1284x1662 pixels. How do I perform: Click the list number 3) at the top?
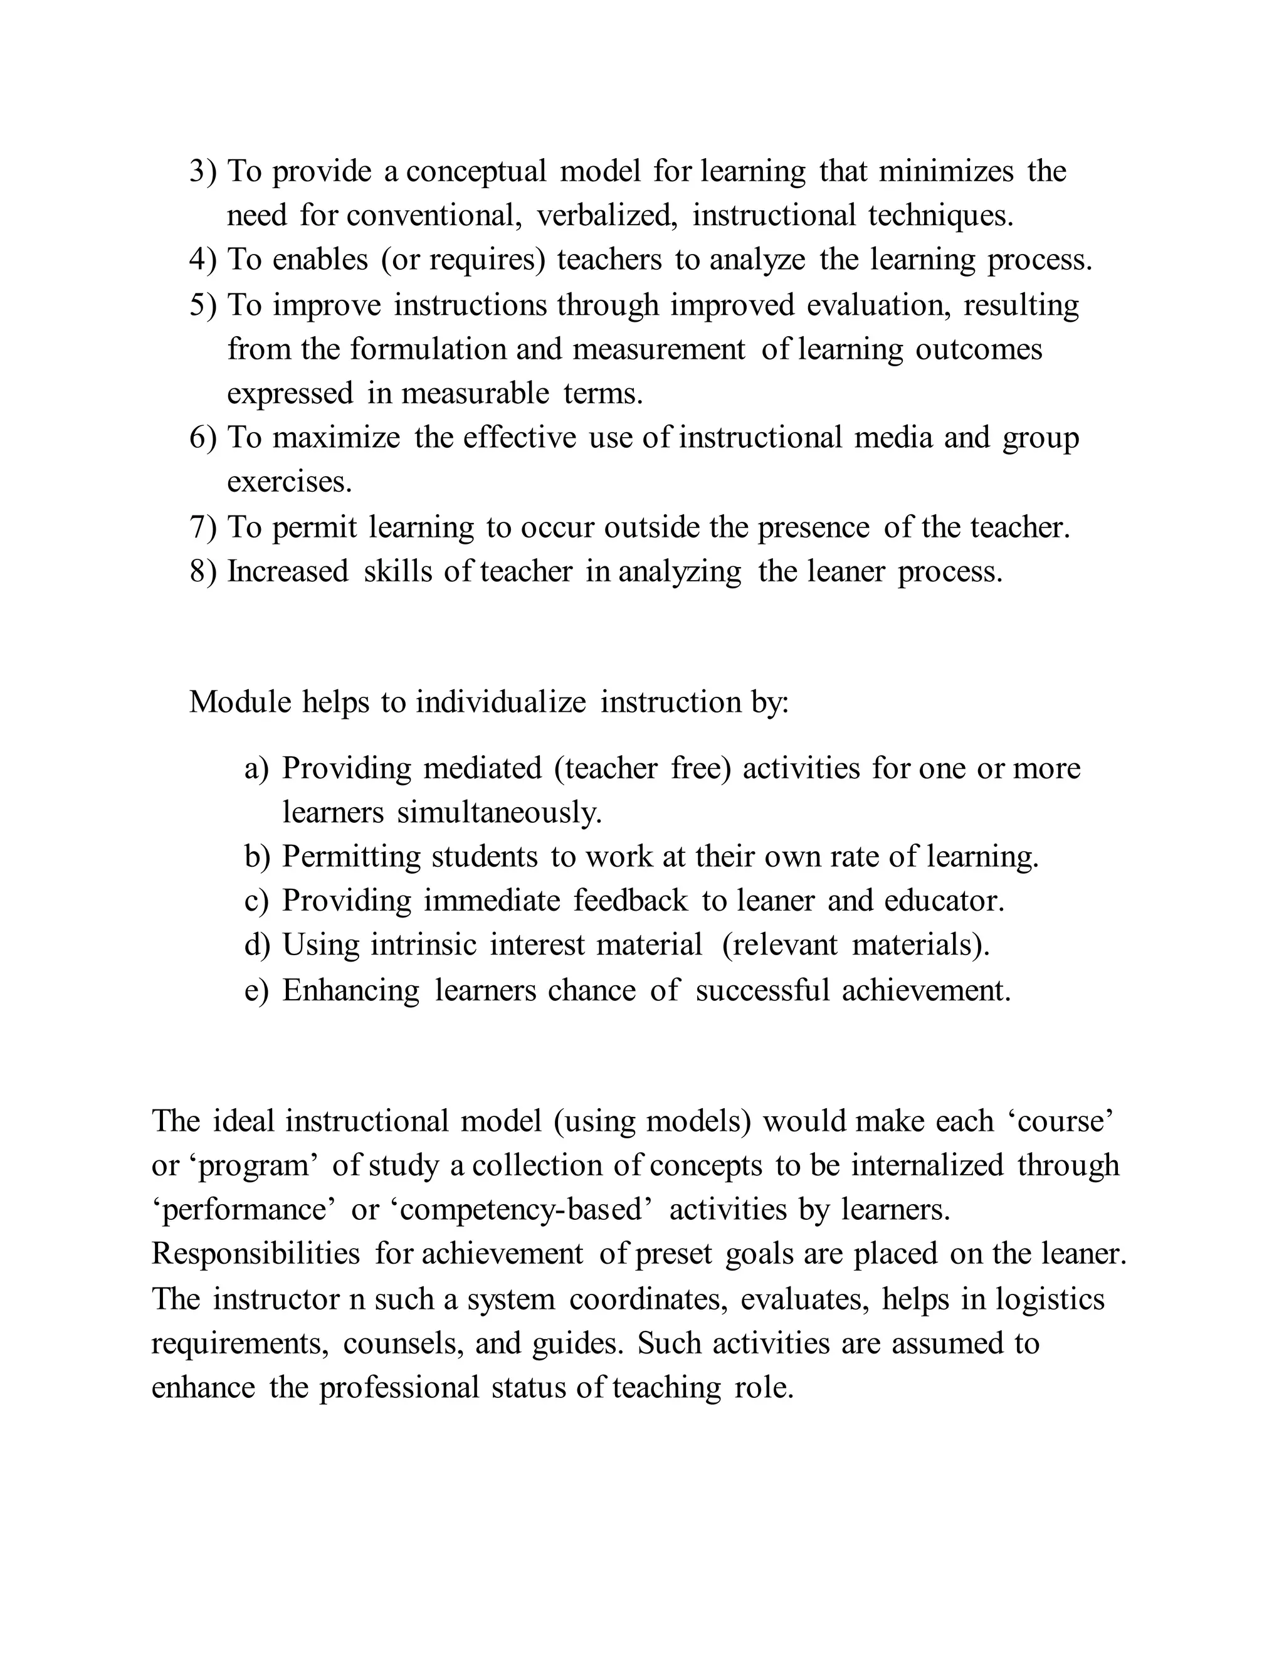pyautogui.click(x=203, y=171)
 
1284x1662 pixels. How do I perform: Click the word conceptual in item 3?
pyautogui.click(x=476, y=171)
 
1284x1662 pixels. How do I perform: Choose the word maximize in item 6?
pyautogui.click(x=336, y=438)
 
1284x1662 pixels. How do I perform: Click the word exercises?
pyautogui.click(x=289, y=482)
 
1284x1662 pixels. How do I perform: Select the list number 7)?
pyautogui.click(x=203, y=527)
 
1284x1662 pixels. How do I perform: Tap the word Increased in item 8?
pyautogui.click(x=288, y=571)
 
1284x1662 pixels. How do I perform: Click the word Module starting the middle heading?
pyautogui.click(x=239, y=702)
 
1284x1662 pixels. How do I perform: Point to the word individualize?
pyautogui.click(x=500, y=702)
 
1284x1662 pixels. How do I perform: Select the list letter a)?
pyautogui.click(x=256, y=769)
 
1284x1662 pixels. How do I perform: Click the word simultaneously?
pyautogui.click(x=499, y=813)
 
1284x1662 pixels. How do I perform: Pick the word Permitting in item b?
pyautogui.click(x=352, y=857)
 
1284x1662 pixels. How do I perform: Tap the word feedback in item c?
pyautogui.click(x=631, y=901)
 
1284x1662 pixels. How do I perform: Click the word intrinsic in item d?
pyautogui.click(x=424, y=945)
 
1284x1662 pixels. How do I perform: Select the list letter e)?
pyautogui.click(x=256, y=990)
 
